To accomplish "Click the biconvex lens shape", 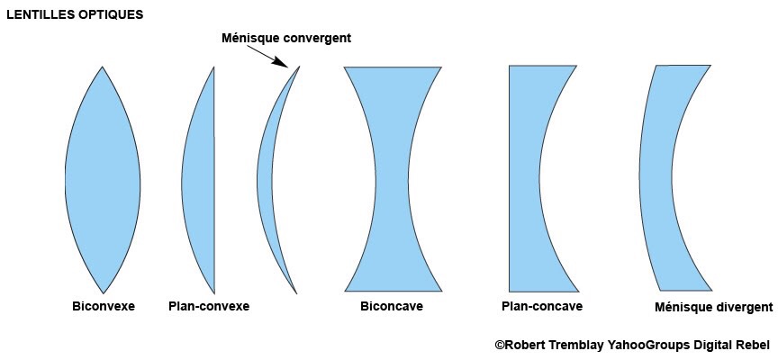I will (x=103, y=180).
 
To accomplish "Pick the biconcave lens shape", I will (x=393, y=180).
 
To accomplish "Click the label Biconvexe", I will (x=104, y=306).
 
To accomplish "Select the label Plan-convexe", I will (x=209, y=306).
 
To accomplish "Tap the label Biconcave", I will (x=392, y=306).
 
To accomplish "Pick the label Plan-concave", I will (x=542, y=306).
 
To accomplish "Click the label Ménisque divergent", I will (x=714, y=307).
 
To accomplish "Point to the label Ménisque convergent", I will (x=286, y=38).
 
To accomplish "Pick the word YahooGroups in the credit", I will (x=651, y=344).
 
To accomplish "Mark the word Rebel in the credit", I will (x=753, y=344).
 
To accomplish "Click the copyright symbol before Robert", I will (x=500, y=344).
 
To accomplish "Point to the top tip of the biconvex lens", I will (x=103, y=67).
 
